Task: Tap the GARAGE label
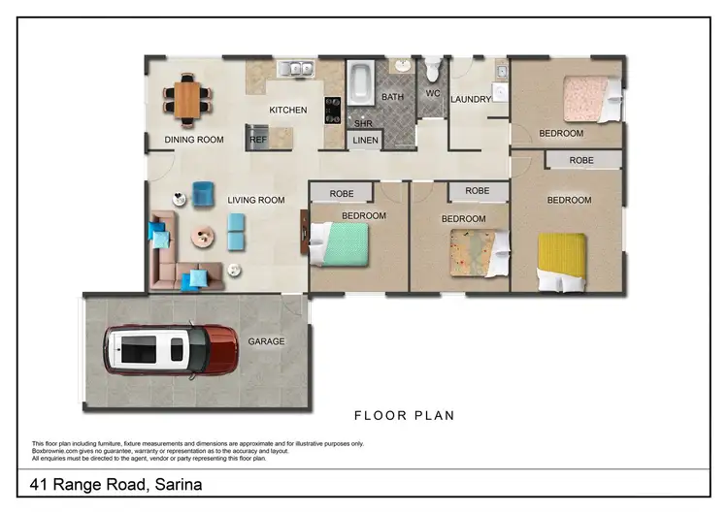tap(266, 341)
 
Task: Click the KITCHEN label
tap(288, 111)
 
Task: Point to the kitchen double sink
tap(294, 70)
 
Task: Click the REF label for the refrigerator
tap(257, 140)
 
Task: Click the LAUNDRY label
tap(471, 99)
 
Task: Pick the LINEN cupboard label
tap(365, 141)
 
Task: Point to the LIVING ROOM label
tap(256, 201)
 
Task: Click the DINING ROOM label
tap(194, 140)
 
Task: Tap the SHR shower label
tap(363, 124)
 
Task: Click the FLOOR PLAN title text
tap(404, 415)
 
